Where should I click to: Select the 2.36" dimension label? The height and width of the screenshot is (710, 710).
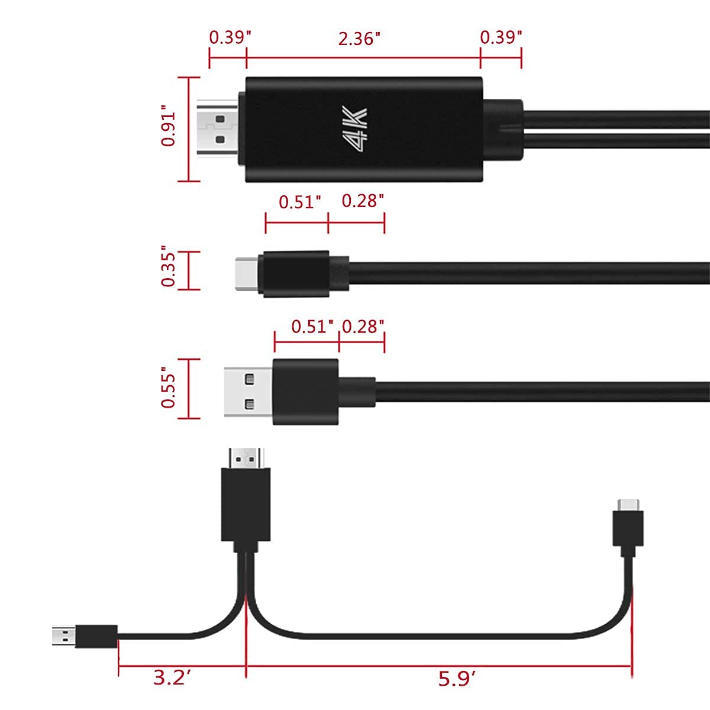[359, 38]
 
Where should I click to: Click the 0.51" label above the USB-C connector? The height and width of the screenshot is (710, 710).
[300, 202]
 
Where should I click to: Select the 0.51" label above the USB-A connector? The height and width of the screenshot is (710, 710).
[312, 327]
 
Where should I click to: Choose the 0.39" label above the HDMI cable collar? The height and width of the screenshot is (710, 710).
[501, 37]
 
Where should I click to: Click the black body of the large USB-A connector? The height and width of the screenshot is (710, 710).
[305, 391]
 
